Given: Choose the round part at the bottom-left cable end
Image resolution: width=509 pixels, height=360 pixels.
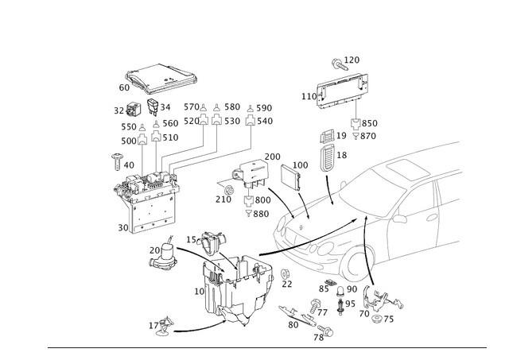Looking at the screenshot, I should coord(164,324).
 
